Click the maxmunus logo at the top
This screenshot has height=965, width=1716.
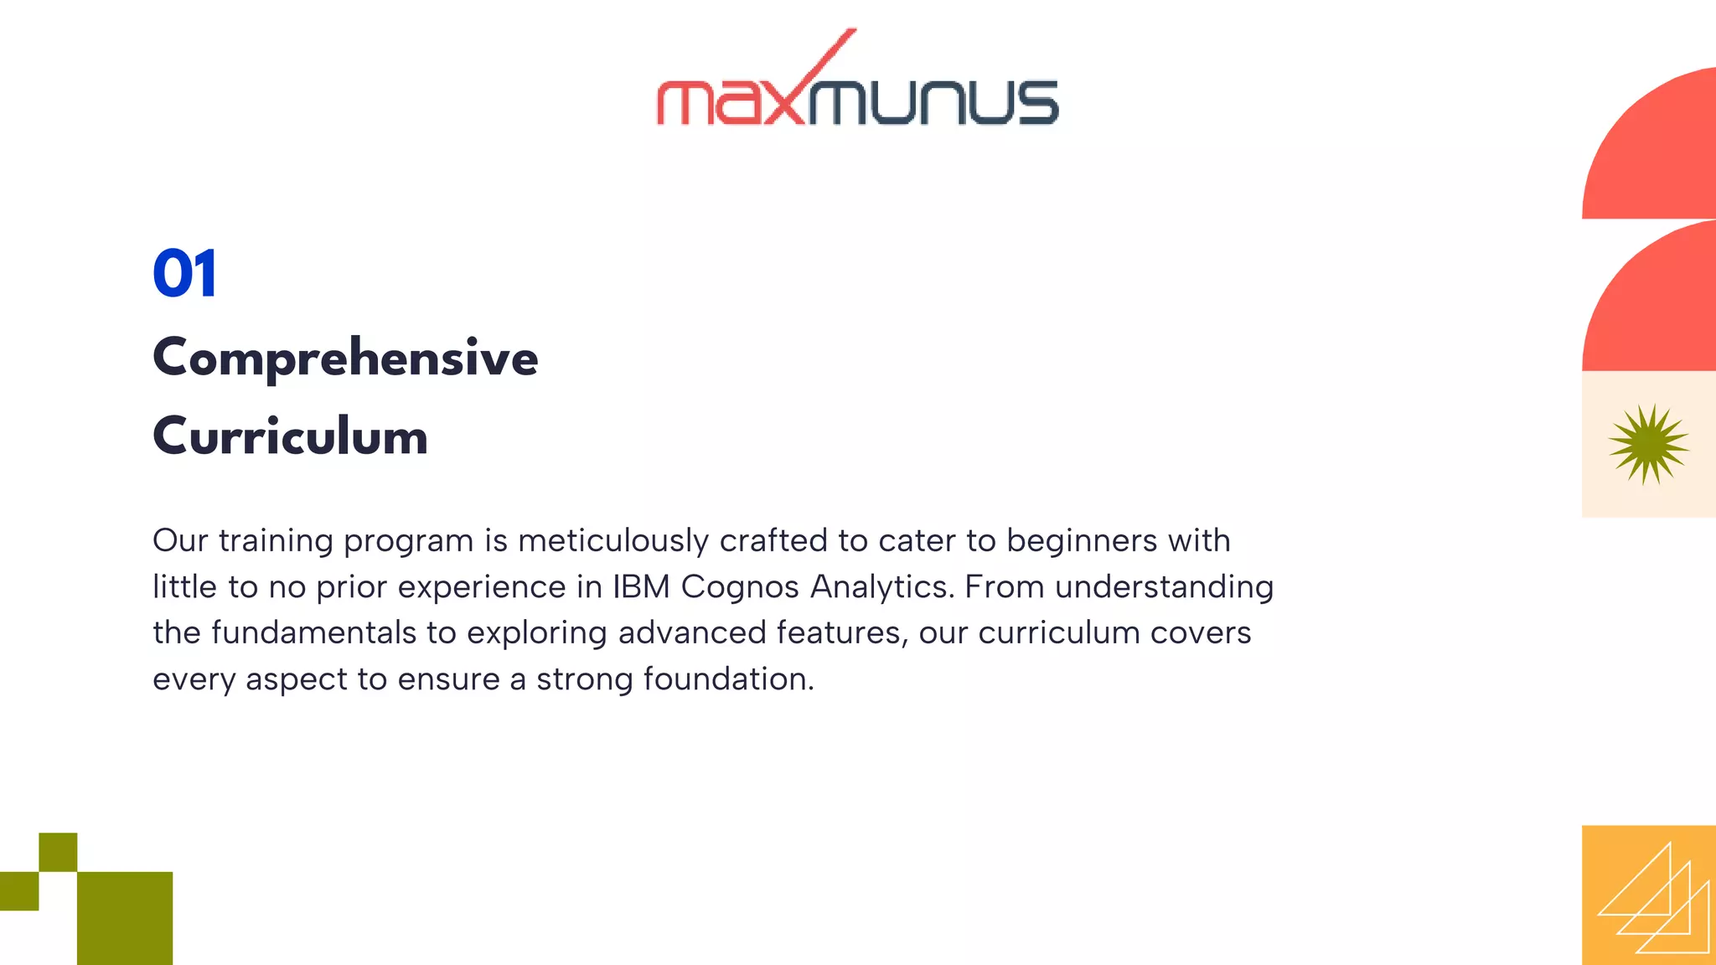click(x=857, y=92)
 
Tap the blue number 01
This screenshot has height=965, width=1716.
click(x=185, y=273)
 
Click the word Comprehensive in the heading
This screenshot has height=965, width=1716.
click(x=345, y=358)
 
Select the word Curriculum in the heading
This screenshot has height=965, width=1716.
click(x=290, y=436)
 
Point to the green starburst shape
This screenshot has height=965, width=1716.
click(x=1648, y=444)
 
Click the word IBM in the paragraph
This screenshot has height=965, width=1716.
click(x=641, y=586)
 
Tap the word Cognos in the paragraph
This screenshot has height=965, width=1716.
click(x=740, y=586)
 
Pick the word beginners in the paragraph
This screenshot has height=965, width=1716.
click(x=1083, y=540)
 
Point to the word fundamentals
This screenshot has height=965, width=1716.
click(x=313, y=632)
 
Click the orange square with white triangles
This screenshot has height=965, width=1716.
click(x=1648, y=895)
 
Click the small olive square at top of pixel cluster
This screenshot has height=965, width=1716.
click(x=58, y=852)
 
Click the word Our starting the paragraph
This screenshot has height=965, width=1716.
click(x=179, y=540)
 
